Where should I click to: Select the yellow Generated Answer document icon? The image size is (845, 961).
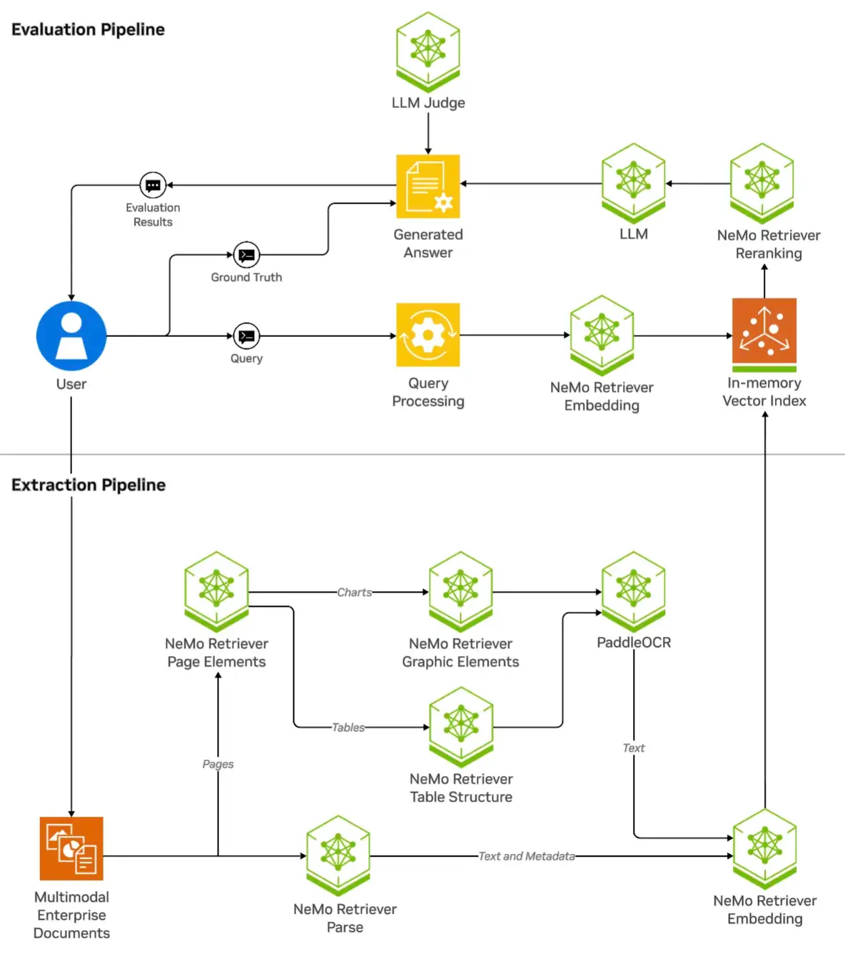(x=427, y=186)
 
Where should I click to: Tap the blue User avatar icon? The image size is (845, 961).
(x=71, y=336)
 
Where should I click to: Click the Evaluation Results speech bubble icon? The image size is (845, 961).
(x=153, y=185)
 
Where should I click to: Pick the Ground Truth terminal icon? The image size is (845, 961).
(x=246, y=255)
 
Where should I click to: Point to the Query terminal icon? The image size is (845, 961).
(x=246, y=336)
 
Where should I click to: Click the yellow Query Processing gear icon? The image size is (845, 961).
(x=427, y=335)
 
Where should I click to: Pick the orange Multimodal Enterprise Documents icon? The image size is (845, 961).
(x=71, y=848)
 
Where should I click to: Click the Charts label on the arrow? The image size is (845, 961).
(x=354, y=593)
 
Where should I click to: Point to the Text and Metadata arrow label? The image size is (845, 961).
(x=526, y=856)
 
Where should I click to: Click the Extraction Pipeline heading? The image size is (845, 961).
(x=88, y=485)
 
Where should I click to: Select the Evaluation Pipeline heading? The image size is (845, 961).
(x=88, y=29)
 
